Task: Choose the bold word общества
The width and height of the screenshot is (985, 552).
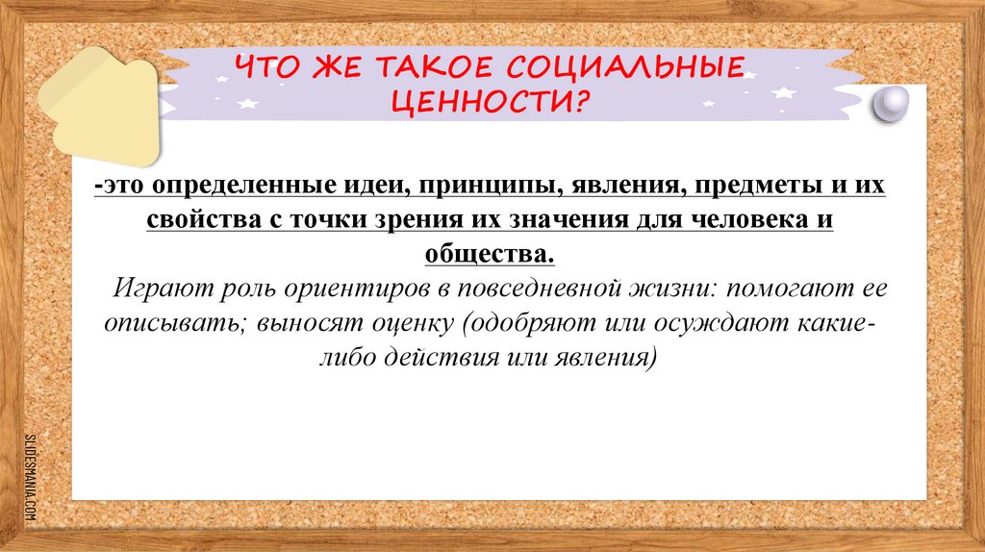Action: tap(490, 254)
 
